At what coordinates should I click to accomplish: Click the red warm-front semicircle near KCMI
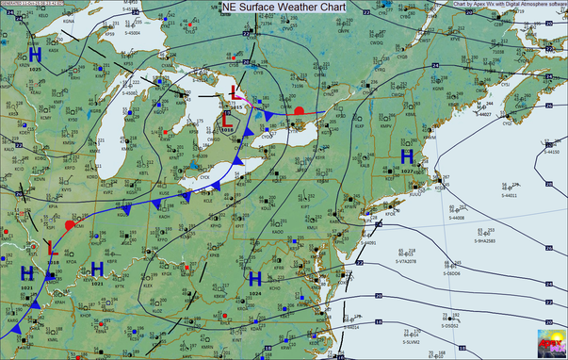click(70, 225)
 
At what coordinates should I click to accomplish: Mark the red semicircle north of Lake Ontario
click(300, 110)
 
